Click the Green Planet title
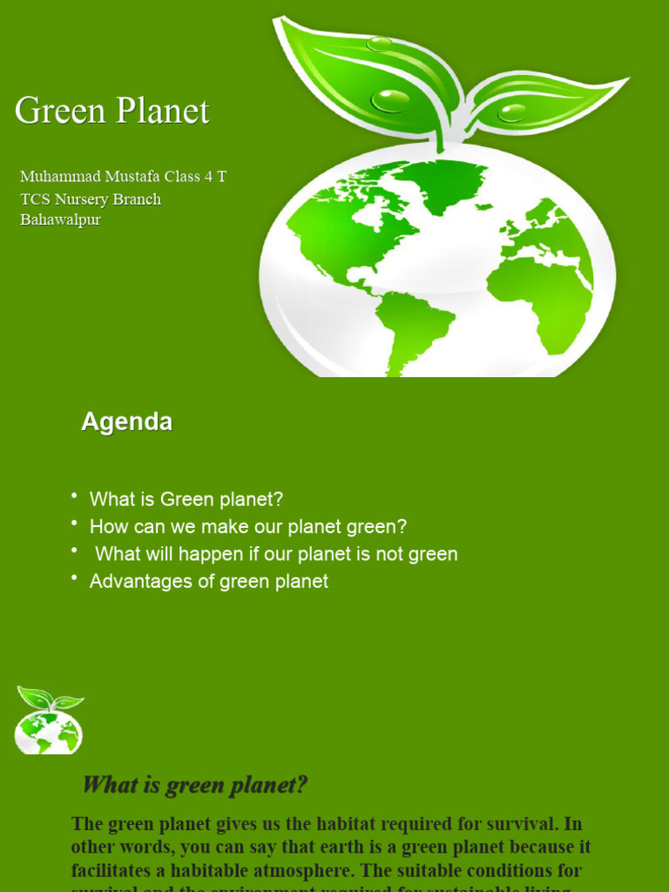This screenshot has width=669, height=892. pos(112,111)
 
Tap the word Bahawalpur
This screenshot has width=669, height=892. pos(60,220)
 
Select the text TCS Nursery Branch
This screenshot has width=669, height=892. pos(91,199)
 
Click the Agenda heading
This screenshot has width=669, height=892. pos(126,422)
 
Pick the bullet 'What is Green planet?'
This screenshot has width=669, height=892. pos(186,500)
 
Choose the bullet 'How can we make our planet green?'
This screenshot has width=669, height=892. pos(248,527)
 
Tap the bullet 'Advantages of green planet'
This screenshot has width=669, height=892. pos(209,581)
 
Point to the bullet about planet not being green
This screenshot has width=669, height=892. pos(276,554)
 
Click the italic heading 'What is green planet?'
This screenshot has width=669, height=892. pos(195,785)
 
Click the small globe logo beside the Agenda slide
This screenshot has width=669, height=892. pos(49,721)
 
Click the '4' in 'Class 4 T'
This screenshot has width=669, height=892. pos(208,177)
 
